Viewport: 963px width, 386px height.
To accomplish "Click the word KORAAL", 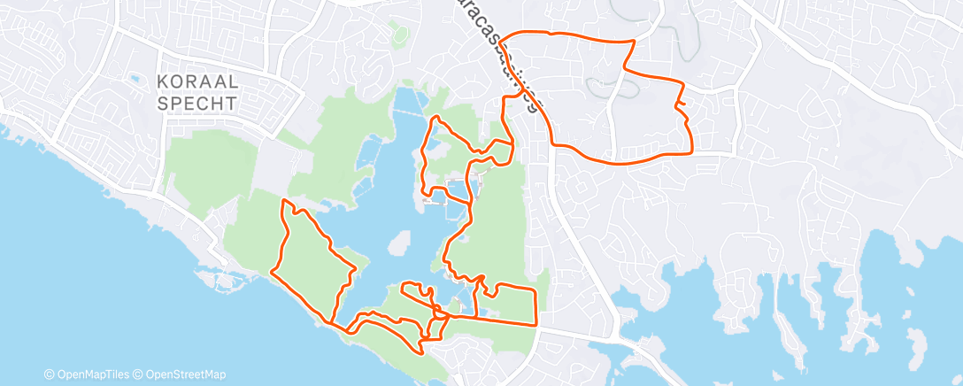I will pos(196,82).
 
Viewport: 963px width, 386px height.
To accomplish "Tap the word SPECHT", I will pos(196,103).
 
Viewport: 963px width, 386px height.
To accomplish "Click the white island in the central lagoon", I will pos(401,242).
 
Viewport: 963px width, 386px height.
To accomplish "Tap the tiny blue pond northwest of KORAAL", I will pos(135,79).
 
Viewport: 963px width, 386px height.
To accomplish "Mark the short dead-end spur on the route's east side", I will pos(682,107).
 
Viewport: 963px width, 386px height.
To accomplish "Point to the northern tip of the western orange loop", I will pos(285,201).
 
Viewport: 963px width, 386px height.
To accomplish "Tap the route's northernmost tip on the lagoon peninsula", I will pos(435,117).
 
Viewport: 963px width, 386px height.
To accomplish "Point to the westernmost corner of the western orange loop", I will pos(272,270).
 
